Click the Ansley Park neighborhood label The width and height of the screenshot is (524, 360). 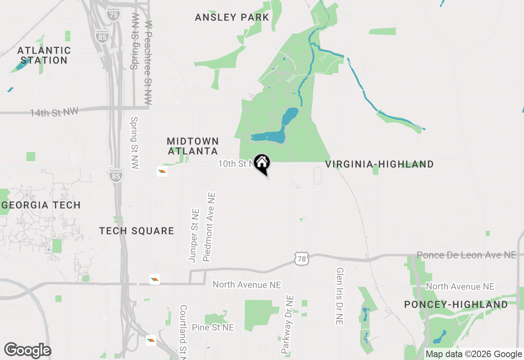tap(232, 17)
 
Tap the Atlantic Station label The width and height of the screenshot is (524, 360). tap(44, 55)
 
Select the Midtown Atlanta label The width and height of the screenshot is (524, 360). tap(192, 146)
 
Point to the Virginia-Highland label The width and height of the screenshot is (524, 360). tap(379, 164)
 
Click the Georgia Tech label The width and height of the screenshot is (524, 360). tap(41, 205)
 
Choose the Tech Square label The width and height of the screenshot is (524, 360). tap(137, 231)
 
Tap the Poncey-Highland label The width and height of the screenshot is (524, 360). tap(456, 304)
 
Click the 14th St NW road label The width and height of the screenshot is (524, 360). tap(54, 112)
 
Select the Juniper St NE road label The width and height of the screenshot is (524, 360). tap(194, 235)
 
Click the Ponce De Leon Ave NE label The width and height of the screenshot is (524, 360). tap(466, 255)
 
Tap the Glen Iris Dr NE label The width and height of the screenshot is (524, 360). tap(339, 296)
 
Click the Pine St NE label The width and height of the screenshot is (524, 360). tap(213, 327)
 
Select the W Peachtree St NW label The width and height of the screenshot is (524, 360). tap(148, 63)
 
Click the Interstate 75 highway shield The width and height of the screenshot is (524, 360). tap(113, 15)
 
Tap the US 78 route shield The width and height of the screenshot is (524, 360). tap(301, 259)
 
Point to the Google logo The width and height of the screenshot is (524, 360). tap(27, 350)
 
